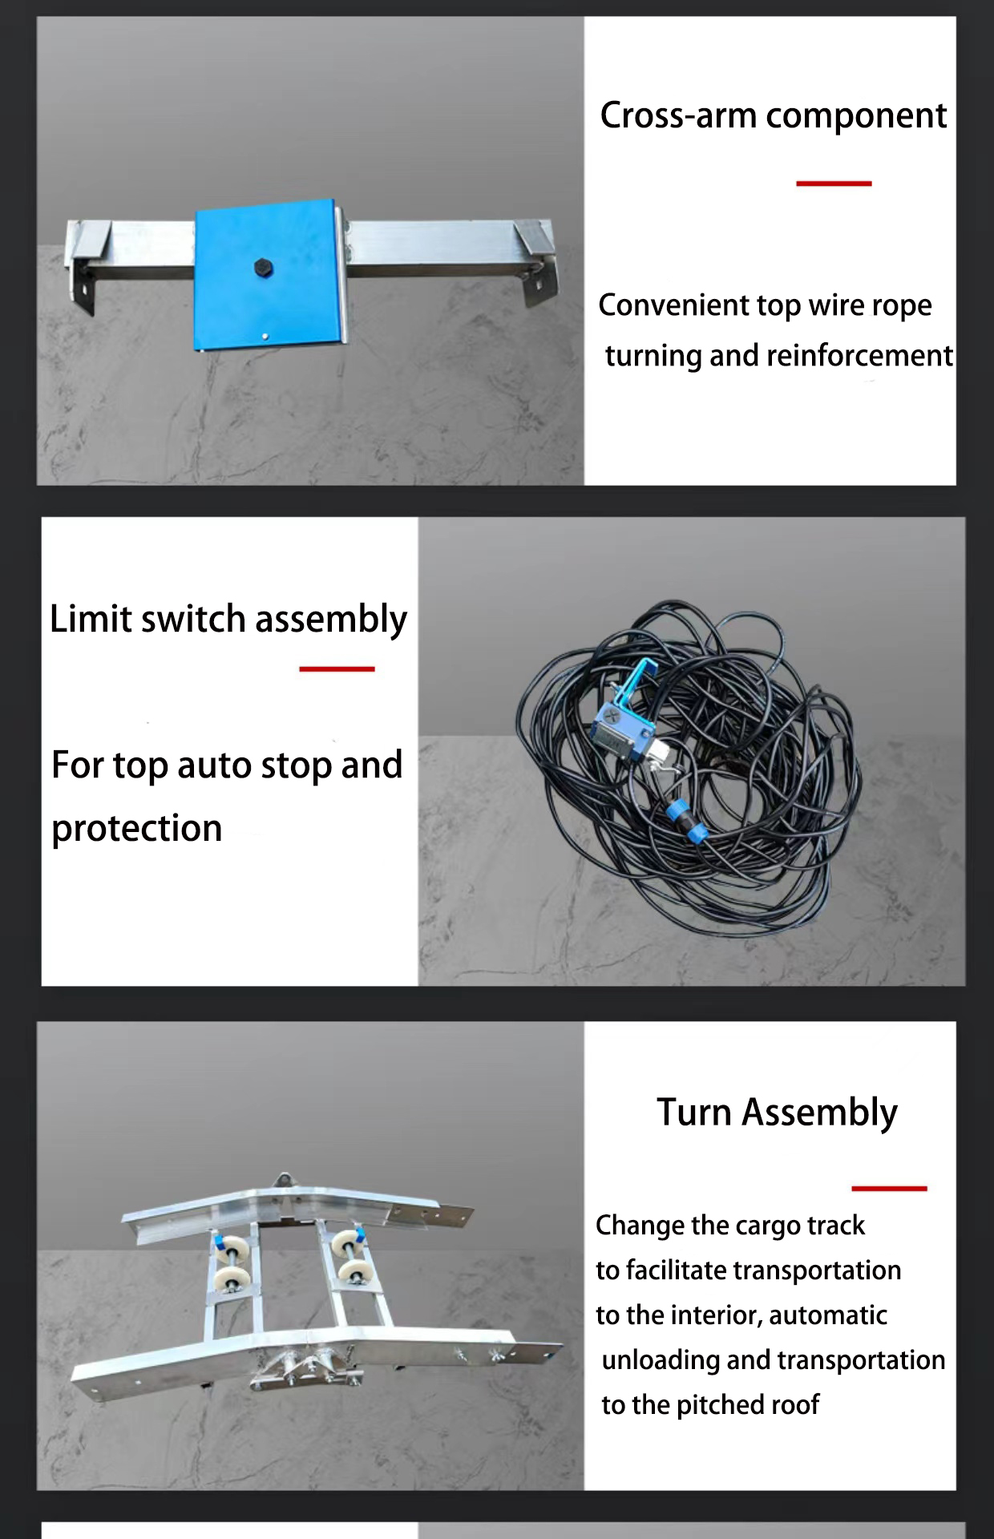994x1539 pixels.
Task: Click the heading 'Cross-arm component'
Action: pyautogui.click(x=774, y=116)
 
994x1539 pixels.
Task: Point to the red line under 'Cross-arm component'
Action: pyautogui.click(x=834, y=184)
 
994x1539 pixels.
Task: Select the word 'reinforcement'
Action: pyautogui.click(x=859, y=355)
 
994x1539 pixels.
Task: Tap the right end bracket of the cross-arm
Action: pyautogui.click(x=534, y=261)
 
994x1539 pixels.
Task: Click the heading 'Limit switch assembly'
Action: pyautogui.click(x=228, y=620)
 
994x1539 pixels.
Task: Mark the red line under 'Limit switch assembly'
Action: pyautogui.click(x=337, y=669)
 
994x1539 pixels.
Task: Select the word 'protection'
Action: pyautogui.click(x=136, y=829)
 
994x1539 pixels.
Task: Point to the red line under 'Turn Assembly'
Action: pyautogui.click(x=889, y=1188)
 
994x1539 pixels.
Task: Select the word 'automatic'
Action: pyautogui.click(x=828, y=1315)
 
